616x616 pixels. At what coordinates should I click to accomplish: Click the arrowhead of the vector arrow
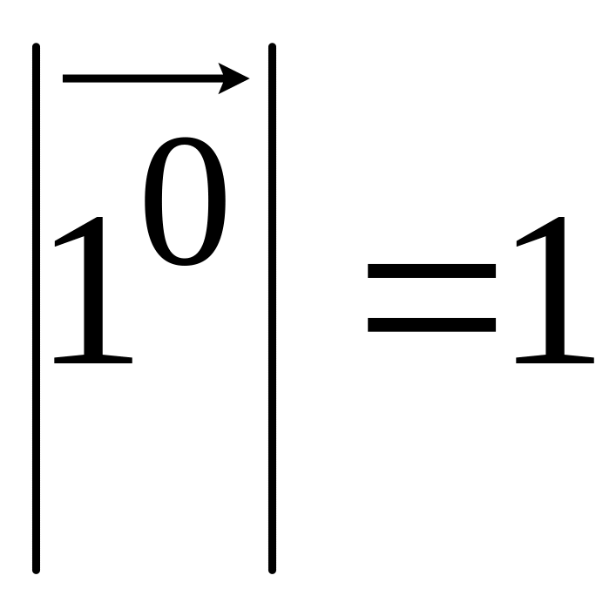(237, 79)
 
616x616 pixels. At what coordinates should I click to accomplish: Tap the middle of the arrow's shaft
(144, 79)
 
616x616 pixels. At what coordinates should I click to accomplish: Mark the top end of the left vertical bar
(37, 47)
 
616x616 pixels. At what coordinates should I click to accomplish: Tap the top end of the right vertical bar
(272, 47)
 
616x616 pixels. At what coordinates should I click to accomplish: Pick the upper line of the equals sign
(431, 270)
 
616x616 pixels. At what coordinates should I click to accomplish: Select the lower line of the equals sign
(431, 326)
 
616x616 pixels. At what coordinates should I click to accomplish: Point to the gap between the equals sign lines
(431, 298)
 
